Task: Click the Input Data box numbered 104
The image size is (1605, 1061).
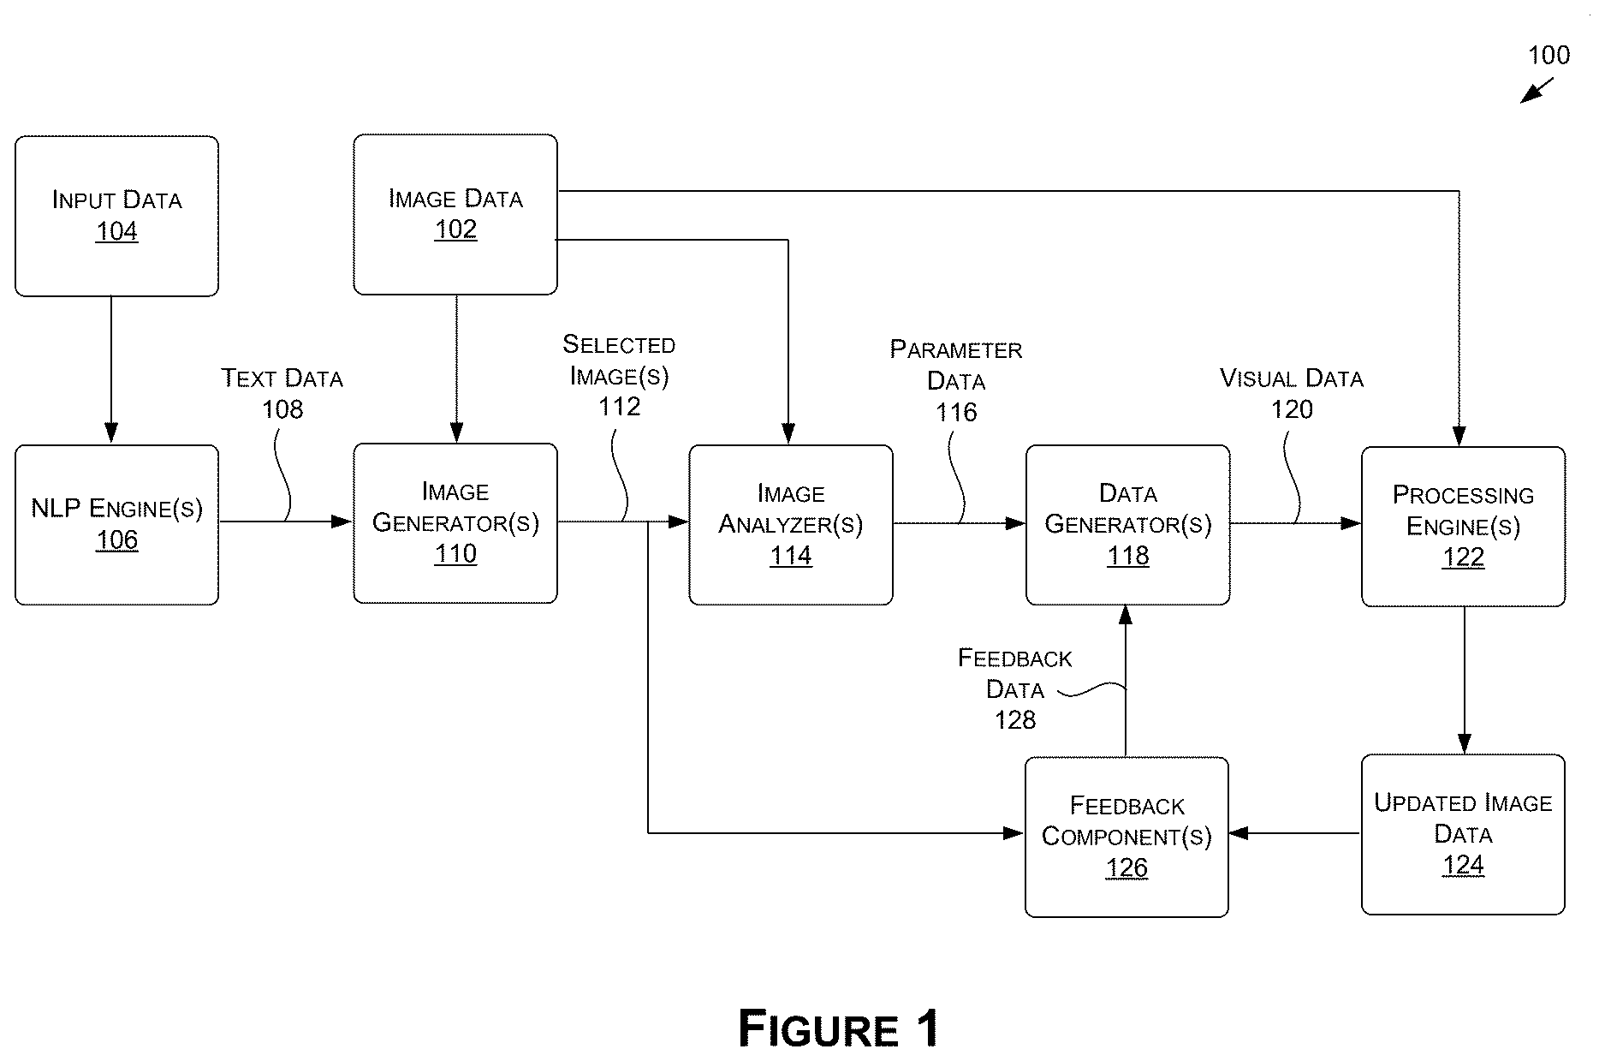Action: coord(116,216)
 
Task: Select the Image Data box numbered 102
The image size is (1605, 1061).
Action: coord(455,214)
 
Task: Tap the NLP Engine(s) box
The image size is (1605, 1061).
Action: coord(116,525)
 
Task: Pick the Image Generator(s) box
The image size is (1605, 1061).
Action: coord(455,523)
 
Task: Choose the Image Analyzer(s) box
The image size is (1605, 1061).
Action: coord(791,525)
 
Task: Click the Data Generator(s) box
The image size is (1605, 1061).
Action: coord(1128,525)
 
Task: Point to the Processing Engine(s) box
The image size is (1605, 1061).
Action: coord(1464,527)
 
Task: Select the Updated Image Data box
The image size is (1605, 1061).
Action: coord(1464,835)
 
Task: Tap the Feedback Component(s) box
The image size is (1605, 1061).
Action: coord(1126,837)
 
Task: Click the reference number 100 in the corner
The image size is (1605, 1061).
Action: coord(1549,56)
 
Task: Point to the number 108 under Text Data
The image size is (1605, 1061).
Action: coord(282,409)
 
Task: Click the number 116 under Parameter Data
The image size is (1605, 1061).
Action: coord(956,413)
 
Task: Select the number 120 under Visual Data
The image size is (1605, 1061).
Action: coord(1292,409)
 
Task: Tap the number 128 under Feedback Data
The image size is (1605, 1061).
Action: coord(1015,720)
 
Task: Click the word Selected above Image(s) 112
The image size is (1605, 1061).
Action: coord(619,344)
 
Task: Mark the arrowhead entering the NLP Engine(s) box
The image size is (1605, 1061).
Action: coord(111,432)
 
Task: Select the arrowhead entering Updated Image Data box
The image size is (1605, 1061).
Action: coord(1465,743)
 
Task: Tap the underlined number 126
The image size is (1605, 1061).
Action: coord(1126,867)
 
